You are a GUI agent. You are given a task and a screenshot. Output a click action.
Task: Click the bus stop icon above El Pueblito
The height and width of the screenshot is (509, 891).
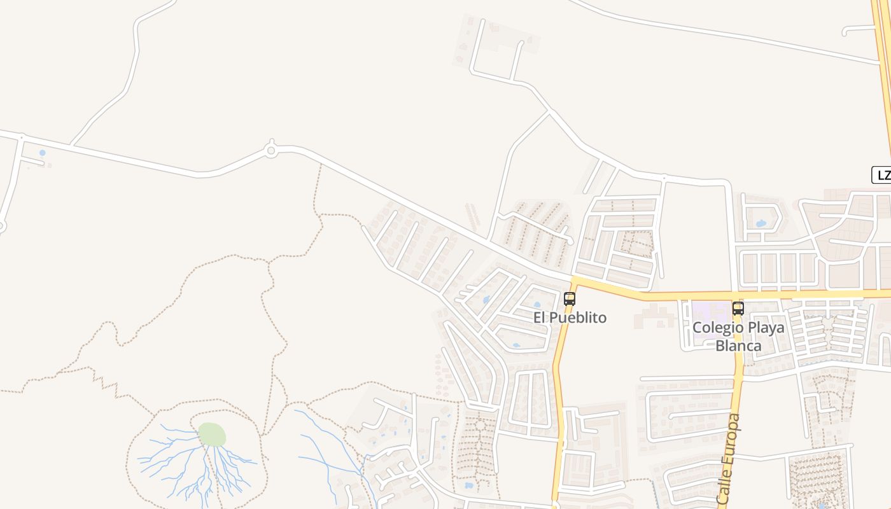570,298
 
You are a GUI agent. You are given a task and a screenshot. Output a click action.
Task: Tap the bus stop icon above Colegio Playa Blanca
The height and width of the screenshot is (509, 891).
738,309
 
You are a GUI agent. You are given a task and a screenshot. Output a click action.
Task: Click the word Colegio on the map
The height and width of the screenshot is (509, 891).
717,328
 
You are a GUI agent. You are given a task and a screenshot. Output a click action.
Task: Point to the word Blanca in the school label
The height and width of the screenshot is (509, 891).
738,345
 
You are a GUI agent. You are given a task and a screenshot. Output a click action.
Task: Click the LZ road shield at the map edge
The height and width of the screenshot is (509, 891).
882,176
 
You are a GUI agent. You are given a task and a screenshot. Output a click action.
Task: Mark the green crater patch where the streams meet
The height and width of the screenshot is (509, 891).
212,435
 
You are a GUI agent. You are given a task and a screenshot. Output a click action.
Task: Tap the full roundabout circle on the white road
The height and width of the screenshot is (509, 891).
271,151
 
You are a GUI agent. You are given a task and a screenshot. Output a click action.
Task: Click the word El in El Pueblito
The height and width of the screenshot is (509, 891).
540,317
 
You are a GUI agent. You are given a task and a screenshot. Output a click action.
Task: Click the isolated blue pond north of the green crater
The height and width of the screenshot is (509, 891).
43,153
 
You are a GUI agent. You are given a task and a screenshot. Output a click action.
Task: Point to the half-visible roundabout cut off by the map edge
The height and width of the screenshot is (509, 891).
1,226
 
